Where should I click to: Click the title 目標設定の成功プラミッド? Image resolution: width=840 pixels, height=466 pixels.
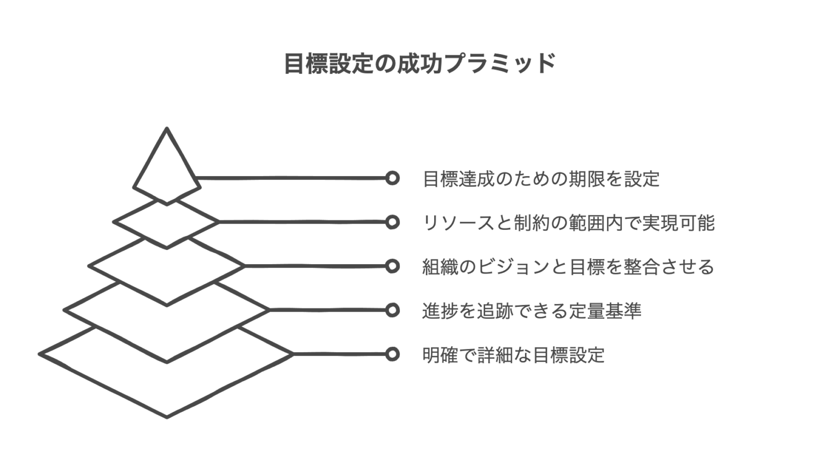[x=420, y=64]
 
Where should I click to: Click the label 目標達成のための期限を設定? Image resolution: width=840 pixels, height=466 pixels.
[x=541, y=179]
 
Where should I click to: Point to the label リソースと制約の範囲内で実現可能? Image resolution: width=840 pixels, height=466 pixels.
[x=569, y=223]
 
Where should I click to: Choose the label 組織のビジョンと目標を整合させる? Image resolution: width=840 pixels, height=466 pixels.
[x=568, y=266]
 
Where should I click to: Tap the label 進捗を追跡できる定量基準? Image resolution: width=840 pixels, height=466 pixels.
[x=532, y=311]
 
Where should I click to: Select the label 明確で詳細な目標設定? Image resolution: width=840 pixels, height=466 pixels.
[x=514, y=354]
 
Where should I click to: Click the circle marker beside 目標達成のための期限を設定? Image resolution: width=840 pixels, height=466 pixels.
[x=392, y=178]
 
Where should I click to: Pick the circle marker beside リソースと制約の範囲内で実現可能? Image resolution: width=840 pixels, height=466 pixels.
[x=392, y=222]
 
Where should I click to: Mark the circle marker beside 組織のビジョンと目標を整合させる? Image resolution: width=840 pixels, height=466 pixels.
[x=392, y=266]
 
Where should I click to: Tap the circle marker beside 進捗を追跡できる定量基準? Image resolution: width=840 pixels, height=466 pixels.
[x=392, y=310]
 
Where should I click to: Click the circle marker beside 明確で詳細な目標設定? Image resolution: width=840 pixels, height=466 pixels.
[x=392, y=354]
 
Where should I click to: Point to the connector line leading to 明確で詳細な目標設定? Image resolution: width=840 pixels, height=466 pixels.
[x=339, y=354]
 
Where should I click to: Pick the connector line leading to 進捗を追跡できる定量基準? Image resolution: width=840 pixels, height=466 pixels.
[x=328, y=310]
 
